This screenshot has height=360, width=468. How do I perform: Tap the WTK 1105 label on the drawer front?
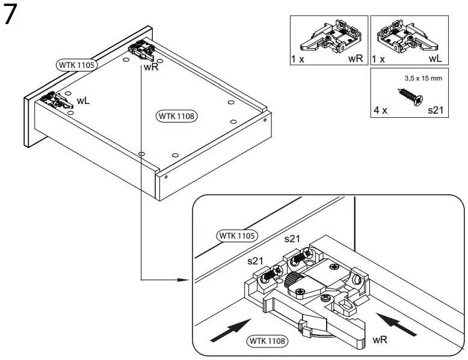(76, 64)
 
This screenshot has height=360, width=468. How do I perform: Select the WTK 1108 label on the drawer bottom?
(177, 116)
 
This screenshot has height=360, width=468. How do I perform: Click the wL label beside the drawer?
(83, 100)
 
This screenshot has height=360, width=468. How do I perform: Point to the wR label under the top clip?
(151, 67)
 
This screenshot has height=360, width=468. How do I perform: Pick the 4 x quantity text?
(381, 111)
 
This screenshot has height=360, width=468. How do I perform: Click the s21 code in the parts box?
(436, 111)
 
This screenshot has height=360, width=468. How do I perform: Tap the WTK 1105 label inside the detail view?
(237, 235)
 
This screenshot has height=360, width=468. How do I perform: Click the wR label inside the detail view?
(380, 340)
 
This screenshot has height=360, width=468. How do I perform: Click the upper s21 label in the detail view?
(292, 239)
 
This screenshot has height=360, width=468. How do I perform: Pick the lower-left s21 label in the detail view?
(256, 261)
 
